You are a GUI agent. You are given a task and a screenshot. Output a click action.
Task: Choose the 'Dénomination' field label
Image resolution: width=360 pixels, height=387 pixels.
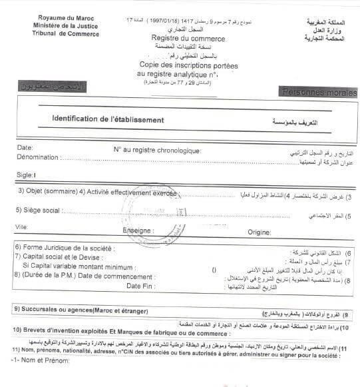(36, 158)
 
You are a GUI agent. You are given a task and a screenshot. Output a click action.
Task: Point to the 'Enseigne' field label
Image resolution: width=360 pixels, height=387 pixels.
(138, 230)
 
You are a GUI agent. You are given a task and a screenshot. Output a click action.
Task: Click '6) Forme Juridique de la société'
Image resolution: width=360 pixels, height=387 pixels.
(64, 248)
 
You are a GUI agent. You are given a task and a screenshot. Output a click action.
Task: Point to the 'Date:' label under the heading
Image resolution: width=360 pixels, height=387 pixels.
(25, 148)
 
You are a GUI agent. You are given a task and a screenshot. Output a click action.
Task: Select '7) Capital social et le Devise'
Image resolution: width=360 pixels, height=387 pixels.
(59, 256)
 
